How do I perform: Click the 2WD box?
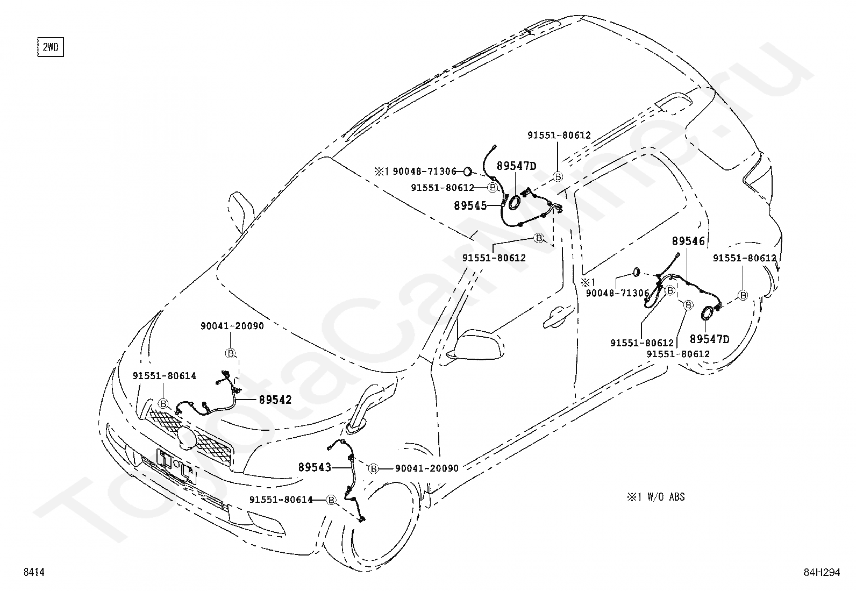click(50, 47)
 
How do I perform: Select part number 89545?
click(470, 205)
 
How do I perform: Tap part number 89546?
click(688, 241)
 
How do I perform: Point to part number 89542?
click(275, 400)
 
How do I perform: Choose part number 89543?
click(315, 468)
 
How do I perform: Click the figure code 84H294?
click(821, 573)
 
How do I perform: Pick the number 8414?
click(33, 573)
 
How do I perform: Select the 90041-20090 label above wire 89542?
click(232, 326)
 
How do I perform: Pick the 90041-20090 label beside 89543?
click(427, 468)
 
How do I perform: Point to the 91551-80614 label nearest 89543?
click(281, 500)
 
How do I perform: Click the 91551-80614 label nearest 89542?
click(165, 376)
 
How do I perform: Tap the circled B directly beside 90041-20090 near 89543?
click(373, 468)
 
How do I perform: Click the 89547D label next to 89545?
click(516, 166)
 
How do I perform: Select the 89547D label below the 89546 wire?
click(709, 339)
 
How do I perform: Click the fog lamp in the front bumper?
click(266, 520)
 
